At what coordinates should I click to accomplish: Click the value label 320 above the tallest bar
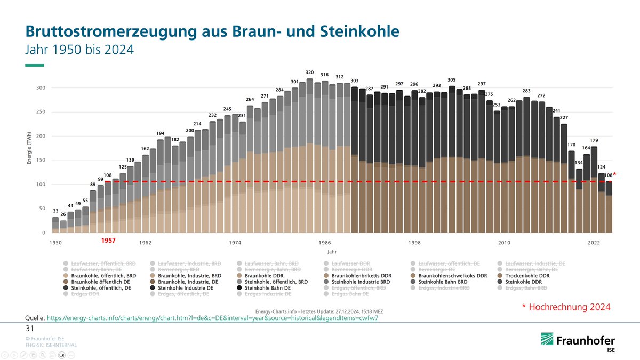(x=309, y=73)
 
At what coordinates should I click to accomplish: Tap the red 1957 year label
(x=108, y=241)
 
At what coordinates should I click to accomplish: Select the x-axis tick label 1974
(x=235, y=243)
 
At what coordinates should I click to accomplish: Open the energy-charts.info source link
(x=213, y=318)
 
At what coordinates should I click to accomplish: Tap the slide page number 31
(x=30, y=328)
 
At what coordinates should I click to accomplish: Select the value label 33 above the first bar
(x=55, y=211)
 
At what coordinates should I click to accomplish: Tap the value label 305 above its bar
(x=452, y=80)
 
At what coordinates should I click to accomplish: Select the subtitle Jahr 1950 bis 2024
(x=79, y=50)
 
